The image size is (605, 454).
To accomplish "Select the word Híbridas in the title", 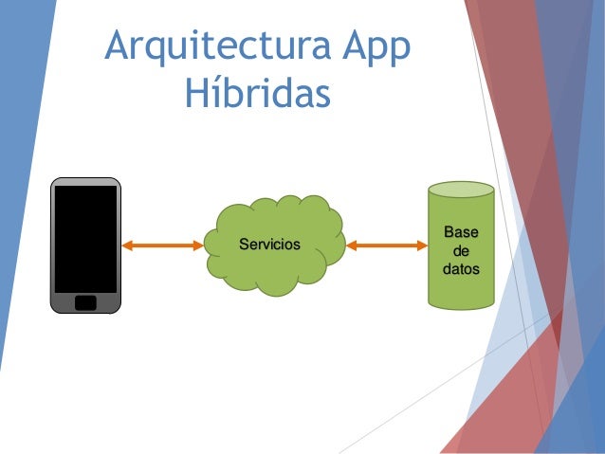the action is (257, 95).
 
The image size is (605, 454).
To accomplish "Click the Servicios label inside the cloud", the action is (269, 245).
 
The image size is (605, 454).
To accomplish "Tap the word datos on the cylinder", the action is (461, 270).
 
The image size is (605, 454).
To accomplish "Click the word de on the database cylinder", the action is (461, 252).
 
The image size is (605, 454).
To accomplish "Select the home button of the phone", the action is (85, 302).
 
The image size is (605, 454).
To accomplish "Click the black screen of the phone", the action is (85, 237).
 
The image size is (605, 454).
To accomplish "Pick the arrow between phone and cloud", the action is (163, 245).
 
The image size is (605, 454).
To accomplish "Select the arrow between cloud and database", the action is (387, 245).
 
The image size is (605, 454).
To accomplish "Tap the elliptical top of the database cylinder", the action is (461, 189).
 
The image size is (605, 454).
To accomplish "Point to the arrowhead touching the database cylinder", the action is (421, 245).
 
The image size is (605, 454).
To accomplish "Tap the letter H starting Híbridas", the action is (197, 95).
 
